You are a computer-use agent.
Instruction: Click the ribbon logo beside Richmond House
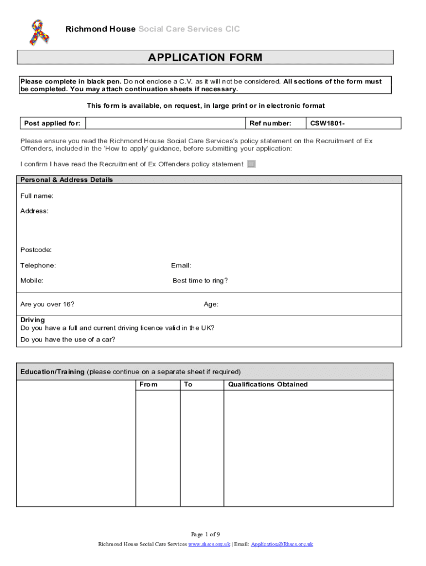[40, 32]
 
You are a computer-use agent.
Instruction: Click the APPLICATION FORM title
[205, 57]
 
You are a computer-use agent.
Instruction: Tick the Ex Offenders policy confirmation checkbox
[251, 164]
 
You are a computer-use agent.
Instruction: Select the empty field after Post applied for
[164, 123]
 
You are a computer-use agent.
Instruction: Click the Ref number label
[271, 123]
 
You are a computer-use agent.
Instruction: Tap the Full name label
[37, 196]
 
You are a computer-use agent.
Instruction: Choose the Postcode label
[36, 250]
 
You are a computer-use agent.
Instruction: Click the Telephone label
[38, 265]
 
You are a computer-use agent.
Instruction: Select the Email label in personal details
[181, 265]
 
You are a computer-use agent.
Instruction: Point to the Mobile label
[32, 280]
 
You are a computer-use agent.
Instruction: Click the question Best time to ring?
[200, 280]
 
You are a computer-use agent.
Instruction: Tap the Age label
[211, 304]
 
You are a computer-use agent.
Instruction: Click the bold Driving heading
[33, 320]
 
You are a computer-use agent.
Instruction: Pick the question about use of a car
[68, 339]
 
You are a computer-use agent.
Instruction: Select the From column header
[148, 384]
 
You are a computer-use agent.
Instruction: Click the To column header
[188, 384]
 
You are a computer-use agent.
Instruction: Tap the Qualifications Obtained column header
[268, 384]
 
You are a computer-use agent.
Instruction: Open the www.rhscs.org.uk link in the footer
[209, 544]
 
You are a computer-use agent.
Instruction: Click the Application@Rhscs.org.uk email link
[282, 544]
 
